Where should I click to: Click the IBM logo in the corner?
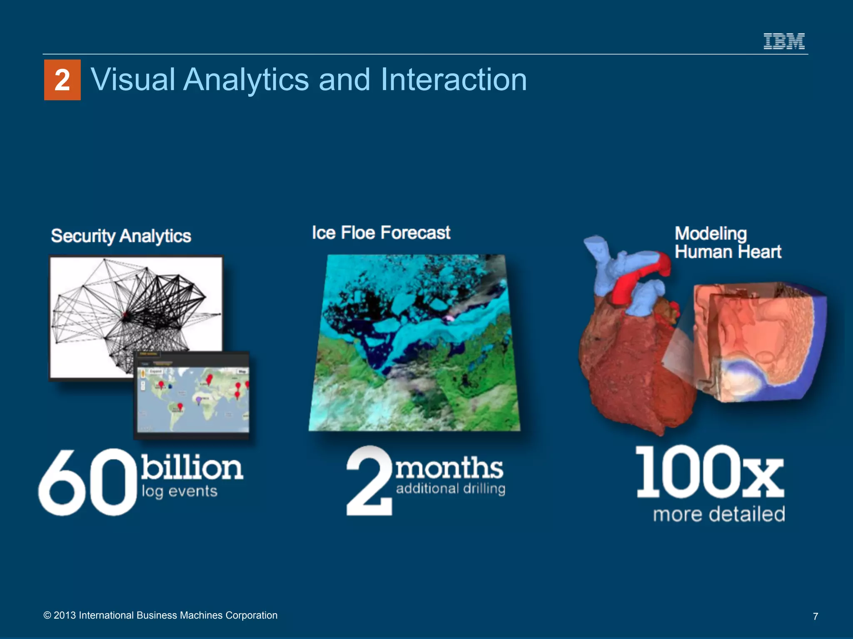[784, 41]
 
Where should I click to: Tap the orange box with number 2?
[62, 80]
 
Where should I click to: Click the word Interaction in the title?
[454, 79]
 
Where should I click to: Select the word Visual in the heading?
[133, 79]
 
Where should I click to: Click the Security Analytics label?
[121, 236]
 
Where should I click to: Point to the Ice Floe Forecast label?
[381, 233]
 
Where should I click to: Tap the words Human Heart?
[728, 252]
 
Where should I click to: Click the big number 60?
[87, 483]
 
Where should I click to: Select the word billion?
[192, 467]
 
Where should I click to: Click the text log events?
[180, 491]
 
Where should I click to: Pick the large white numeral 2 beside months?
[369, 480]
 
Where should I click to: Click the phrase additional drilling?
[451, 488]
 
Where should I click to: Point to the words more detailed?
[719, 514]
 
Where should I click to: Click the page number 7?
[816, 616]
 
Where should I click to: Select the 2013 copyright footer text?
[160, 615]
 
